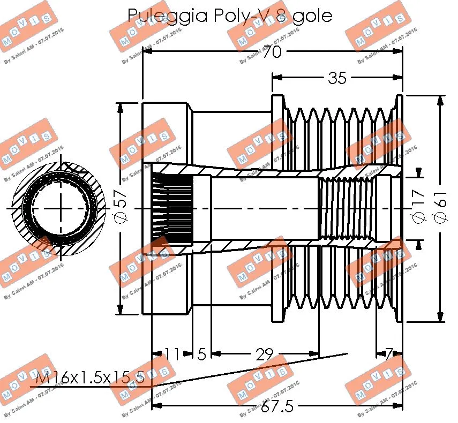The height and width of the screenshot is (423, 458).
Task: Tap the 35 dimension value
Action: [x=337, y=78]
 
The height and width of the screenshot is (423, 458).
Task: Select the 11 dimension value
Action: [x=172, y=354]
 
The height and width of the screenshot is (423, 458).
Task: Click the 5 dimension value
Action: [x=201, y=354]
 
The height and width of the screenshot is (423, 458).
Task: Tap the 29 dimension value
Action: [x=264, y=354]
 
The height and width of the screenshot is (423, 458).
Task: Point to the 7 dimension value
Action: [x=389, y=354]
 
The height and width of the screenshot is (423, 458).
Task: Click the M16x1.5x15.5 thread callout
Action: [x=89, y=379]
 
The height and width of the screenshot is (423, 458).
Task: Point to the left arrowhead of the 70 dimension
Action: [x=147, y=52]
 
